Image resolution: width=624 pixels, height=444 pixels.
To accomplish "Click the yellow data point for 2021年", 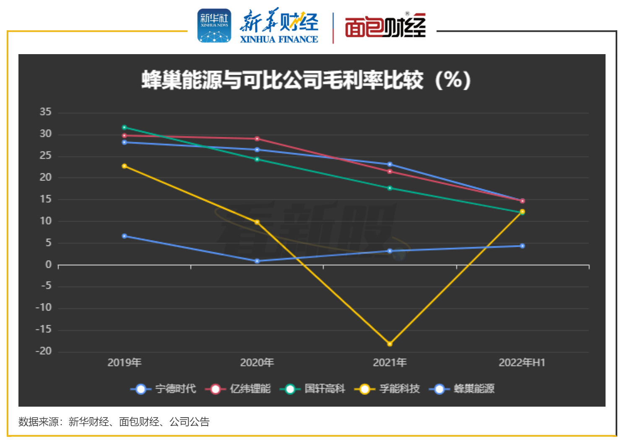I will tap(390, 344).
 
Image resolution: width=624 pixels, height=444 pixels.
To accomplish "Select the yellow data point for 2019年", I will tap(124, 166).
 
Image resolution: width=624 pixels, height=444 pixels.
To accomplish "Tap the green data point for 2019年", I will tap(124, 127).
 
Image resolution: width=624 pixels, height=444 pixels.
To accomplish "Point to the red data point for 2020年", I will tap(257, 138).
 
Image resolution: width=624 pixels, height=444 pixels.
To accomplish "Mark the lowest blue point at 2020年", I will tap(257, 261).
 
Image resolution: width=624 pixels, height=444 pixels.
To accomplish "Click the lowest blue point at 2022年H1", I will tap(522, 246).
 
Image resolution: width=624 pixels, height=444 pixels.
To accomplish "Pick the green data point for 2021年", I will tap(390, 188).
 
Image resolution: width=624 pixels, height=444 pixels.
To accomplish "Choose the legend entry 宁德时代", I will tap(164, 389).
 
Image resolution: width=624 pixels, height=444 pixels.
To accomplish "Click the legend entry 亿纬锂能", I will tap(238, 389).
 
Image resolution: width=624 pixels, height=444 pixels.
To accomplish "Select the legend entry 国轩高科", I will tap(313, 389).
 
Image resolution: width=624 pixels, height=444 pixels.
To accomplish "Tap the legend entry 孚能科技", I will tap(387, 389).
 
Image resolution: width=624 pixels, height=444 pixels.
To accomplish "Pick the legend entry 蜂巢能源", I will tap(462, 389).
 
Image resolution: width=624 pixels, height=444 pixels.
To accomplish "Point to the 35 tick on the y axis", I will tap(46, 112).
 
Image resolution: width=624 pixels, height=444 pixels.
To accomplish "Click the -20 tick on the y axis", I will tap(44, 351).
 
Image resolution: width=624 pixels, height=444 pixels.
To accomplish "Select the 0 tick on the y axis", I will tap(49, 265).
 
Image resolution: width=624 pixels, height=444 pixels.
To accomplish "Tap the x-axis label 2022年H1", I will tap(522, 363).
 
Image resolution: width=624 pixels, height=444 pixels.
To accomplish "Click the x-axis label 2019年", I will tap(125, 363).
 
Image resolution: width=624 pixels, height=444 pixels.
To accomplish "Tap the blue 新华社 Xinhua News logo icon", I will tap(214, 26).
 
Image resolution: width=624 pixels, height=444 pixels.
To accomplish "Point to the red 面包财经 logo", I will tap(385, 26).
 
